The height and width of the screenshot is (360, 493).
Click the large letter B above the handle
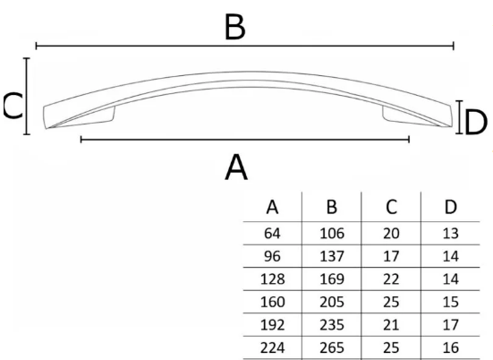pos(235,28)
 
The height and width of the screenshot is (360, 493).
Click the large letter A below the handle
pos(236,167)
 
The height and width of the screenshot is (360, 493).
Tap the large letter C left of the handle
pos(13,106)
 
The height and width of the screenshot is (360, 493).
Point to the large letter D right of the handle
pos(475,122)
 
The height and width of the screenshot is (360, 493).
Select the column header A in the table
pos(272,208)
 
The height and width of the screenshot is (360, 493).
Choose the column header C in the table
pos(391,208)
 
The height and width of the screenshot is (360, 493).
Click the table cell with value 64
pos(272,234)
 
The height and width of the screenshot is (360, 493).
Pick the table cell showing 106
pos(332,234)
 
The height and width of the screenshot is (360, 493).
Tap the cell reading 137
pos(332,256)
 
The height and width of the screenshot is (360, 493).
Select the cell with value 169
pos(332,279)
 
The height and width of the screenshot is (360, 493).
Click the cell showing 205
pos(332,302)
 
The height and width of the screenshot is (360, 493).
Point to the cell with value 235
pos(332,325)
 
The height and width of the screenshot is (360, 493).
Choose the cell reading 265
pos(332,347)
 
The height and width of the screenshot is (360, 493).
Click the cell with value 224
pos(272,347)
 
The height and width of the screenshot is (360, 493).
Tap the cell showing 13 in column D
pos(451,234)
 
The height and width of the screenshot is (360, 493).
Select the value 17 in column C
pos(391,256)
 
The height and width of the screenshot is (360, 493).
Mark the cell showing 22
pos(391,279)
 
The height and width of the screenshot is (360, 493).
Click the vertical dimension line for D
pos(459,117)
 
